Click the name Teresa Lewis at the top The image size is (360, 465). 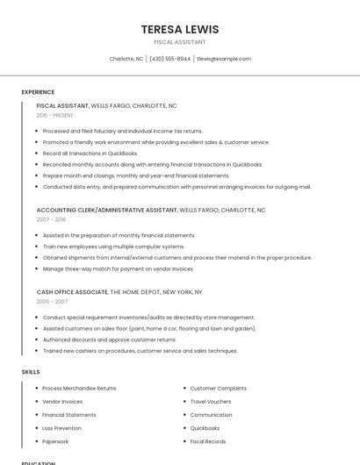(180, 29)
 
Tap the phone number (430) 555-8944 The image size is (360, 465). (169, 59)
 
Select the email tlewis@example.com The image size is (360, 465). (224, 59)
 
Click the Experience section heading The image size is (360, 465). (38, 92)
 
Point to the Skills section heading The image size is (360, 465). (31, 372)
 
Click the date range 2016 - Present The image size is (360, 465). (54, 115)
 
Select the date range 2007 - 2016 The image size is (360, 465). (51, 220)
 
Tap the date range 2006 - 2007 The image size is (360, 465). (52, 301)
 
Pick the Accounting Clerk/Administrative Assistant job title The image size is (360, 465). (107, 211)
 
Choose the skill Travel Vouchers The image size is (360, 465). (211, 401)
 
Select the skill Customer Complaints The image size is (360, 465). (218, 388)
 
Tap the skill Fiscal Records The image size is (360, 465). (208, 441)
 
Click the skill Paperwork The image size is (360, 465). (55, 441)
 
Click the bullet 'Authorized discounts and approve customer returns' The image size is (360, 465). (109, 340)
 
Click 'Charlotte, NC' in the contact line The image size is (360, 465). (126, 59)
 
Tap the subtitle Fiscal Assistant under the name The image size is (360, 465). (180, 42)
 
